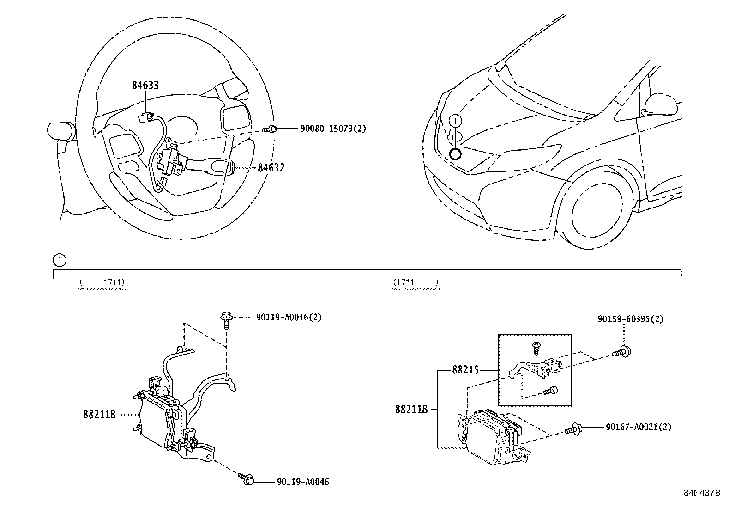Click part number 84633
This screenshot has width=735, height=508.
145,85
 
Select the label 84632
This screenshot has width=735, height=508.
271,168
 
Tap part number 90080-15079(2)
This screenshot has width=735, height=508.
333,129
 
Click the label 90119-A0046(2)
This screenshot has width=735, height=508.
289,317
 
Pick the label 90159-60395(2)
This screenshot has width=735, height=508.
630,319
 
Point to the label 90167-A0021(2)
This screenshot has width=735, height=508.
639,428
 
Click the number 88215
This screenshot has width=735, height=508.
465,370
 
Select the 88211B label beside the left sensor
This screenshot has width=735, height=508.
99,415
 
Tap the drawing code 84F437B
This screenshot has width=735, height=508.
702,492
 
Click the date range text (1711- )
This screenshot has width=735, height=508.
416,282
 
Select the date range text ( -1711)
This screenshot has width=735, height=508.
102,282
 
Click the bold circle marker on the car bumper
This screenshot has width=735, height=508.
455,154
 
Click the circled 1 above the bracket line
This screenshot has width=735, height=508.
60,260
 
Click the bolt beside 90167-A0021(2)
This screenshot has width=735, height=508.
574,429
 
